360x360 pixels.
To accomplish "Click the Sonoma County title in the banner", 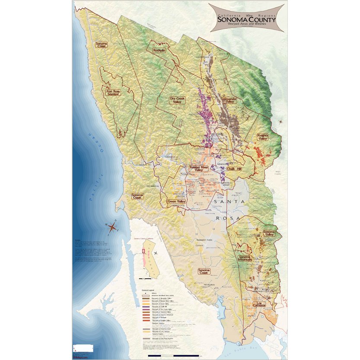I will click(246, 19).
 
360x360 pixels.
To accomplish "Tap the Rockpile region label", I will click(159, 50).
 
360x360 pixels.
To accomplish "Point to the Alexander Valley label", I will click(229, 100).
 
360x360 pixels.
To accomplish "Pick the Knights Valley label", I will click(262, 137).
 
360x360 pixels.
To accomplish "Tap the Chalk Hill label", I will click(234, 169).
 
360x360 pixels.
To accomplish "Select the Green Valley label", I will click(176, 201).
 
